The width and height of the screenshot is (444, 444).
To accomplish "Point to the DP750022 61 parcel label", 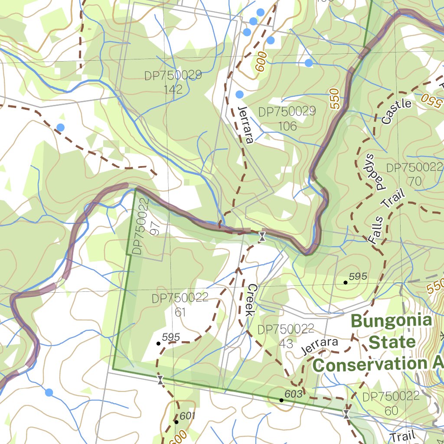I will click(x=180, y=305).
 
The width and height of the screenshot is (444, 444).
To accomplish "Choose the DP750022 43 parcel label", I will click(x=286, y=336).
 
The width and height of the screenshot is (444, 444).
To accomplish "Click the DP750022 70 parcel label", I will click(x=415, y=174).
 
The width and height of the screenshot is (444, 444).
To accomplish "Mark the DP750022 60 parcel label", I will click(x=391, y=403).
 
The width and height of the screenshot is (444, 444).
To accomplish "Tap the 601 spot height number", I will click(x=187, y=416).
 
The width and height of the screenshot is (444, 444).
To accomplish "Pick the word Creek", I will click(x=252, y=300).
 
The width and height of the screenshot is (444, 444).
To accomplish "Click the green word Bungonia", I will click(x=391, y=321).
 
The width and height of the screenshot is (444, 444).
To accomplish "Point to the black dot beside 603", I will click(x=281, y=400).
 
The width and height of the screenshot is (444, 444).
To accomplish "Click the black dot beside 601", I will click(x=176, y=421).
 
